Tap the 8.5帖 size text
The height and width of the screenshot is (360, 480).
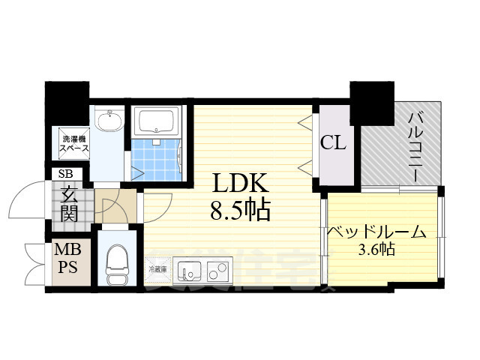[240, 211]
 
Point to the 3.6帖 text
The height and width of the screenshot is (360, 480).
[376, 249]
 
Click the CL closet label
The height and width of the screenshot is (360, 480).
[333, 142]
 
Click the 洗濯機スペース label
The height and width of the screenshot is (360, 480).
[75, 142]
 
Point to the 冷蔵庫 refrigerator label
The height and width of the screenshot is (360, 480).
[157, 268]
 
